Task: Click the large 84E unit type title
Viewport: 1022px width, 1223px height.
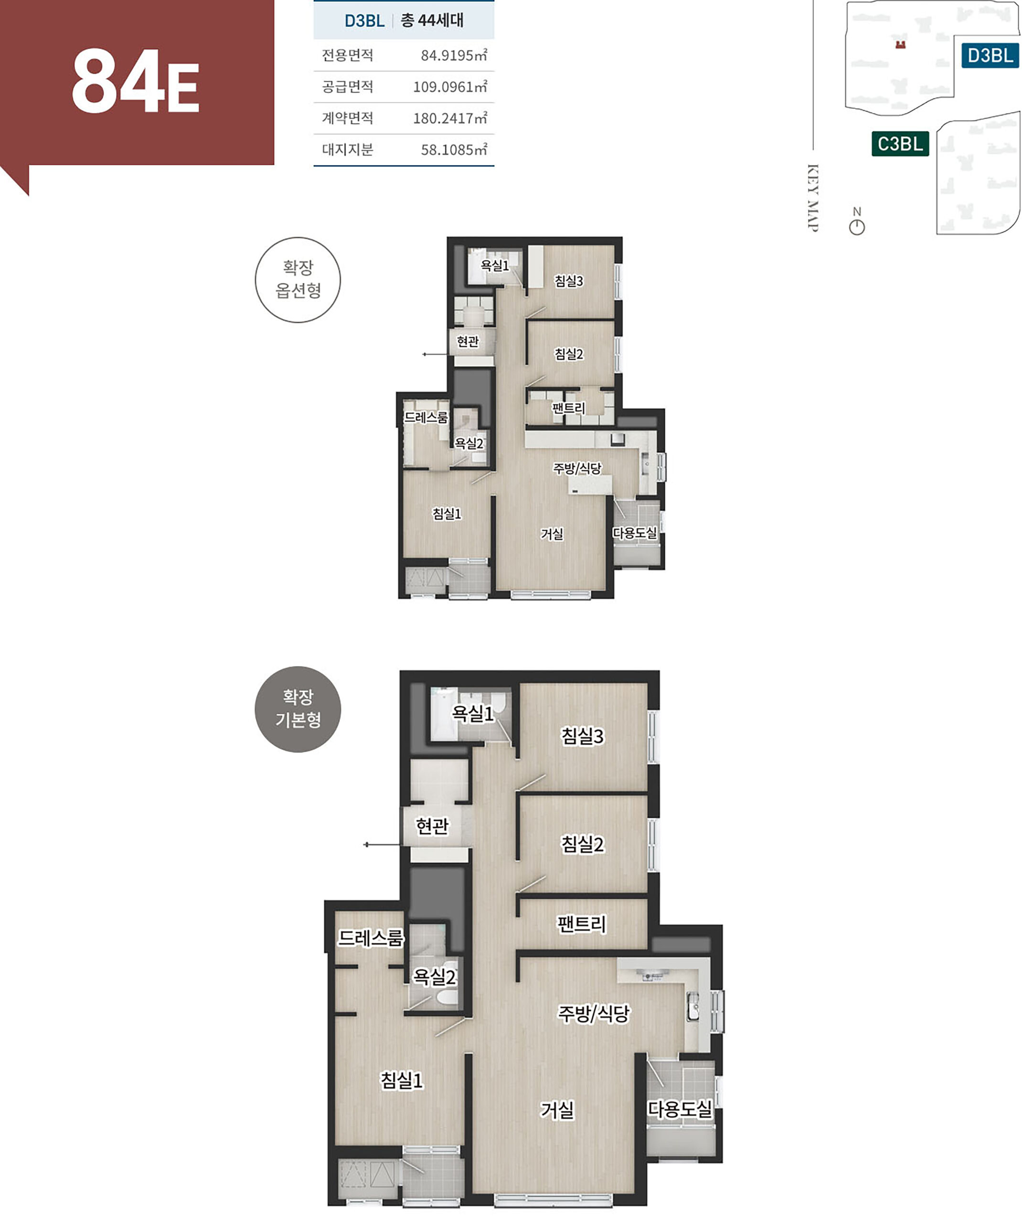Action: click(x=136, y=82)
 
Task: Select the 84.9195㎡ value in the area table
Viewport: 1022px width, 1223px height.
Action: click(x=454, y=55)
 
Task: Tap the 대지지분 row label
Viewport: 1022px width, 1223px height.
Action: click(x=347, y=150)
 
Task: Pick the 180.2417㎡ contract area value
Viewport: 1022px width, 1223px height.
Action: click(x=449, y=118)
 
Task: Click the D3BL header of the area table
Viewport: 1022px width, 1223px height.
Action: click(x=364, y=21)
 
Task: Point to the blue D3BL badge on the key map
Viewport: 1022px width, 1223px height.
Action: click(x=990, y=55)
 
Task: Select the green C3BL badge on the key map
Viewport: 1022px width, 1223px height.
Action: click(x=900, y=144)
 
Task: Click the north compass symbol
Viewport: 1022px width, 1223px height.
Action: click(x=857, y=221)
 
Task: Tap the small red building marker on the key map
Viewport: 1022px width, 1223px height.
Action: click(x=900, y=45)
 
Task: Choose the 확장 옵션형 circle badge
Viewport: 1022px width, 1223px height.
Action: click(x=298, y=279)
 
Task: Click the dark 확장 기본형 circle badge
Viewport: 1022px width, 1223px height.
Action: click(x=298, y=709)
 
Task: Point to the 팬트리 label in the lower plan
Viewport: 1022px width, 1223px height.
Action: click(x=581, y=924)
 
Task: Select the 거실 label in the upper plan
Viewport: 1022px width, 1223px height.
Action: click(x=552, y=534)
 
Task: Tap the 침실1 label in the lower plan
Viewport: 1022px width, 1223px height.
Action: click(x=401, y=1080)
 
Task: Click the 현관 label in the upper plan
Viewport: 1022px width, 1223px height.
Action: click(x=468, y=341)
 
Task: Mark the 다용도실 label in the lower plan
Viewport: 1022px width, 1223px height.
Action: click(x=680, y=1109)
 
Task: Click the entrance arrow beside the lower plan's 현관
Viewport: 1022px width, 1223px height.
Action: click(x=382, y=845)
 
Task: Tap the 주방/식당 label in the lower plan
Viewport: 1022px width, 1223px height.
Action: click(x=594, y=1014)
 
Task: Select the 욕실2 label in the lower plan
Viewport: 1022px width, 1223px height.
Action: click(x=434, y=976)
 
